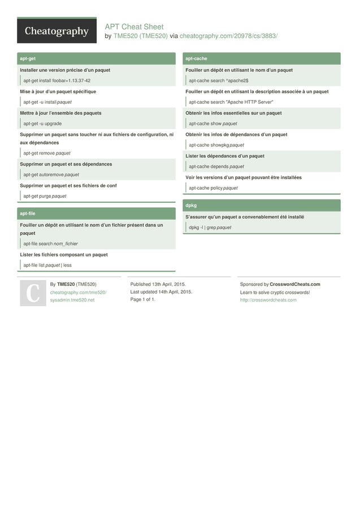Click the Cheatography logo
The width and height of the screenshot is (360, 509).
(57, 31)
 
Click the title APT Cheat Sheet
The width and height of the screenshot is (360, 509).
(134, 27)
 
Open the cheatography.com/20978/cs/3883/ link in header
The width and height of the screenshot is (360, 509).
(228, 36)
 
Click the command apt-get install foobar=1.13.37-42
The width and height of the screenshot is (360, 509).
(57, 81)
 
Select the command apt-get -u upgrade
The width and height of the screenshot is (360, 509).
(42, 124)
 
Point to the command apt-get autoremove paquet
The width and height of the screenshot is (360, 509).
(51, 175)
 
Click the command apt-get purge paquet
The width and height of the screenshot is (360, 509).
(45, 196)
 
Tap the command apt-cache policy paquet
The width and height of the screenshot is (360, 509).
(213, 188)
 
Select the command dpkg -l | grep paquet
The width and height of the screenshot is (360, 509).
(210, 228)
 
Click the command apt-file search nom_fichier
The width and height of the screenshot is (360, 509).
(50, 244)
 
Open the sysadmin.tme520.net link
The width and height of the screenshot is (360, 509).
(72, 300)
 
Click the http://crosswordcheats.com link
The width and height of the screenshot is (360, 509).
(268, 300)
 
